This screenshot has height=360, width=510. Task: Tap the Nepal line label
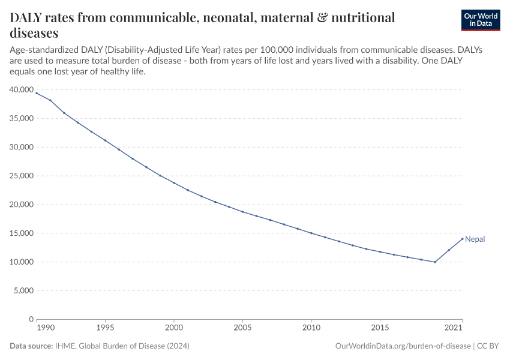tap(475, 239)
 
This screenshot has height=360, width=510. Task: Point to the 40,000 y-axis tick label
tap(21, 89)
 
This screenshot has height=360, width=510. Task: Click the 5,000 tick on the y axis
tap(23, 291)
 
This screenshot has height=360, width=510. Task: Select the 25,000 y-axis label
tap(21, 176)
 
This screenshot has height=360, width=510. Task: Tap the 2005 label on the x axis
tap(242, 328)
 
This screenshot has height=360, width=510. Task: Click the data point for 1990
tap(37, 93)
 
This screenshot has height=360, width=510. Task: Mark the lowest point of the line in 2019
tap(435, 262)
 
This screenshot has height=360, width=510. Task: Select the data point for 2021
tap(463, 239)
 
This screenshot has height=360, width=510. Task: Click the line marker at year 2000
tap(174, 183)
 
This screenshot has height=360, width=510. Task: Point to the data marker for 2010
tap(311, 233)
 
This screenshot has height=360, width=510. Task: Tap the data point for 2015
tap(380, 252)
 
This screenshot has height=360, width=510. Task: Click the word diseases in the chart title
tap(34, 32)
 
